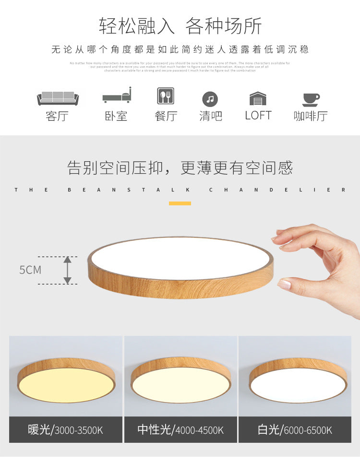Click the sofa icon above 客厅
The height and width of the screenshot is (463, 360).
pyautogui.click(x=58, y=98)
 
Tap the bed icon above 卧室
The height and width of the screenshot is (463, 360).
pyautogui.click(x=117, y=95)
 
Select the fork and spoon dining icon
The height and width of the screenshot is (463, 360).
pyautogui.click(x=166, y=96)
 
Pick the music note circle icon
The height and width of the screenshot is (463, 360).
pyautogui.click(x=210, y=99)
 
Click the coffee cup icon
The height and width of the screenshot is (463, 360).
pyautogui.click(x=311, y=99)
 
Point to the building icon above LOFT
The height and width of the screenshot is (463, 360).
pyautogui.click(x=258, y=98)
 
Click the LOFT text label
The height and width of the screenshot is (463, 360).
pyautogui.click(x=258, y=116)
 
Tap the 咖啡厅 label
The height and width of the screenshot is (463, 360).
pyautogui.click(x=311, y=116)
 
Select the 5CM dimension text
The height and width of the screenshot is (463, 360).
pyautogui.click(x=30, y=270)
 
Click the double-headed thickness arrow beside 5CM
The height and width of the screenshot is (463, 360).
pyautogui.click(x=68, y=270)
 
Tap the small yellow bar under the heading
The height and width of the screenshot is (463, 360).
pyautogui.click(x=180, y=203)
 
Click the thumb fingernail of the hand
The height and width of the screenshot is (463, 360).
pyautogui.click(x=285, y=284)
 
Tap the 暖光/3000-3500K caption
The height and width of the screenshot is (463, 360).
pyautogui.click(x=66, y=430)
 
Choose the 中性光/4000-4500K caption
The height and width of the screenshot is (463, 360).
pyautogui.click(x=180, y=430)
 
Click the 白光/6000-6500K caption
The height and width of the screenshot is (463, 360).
pyautogui.click(x=295, y=430)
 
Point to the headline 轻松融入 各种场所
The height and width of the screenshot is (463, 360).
pyautogui.click(x=180, y=26)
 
